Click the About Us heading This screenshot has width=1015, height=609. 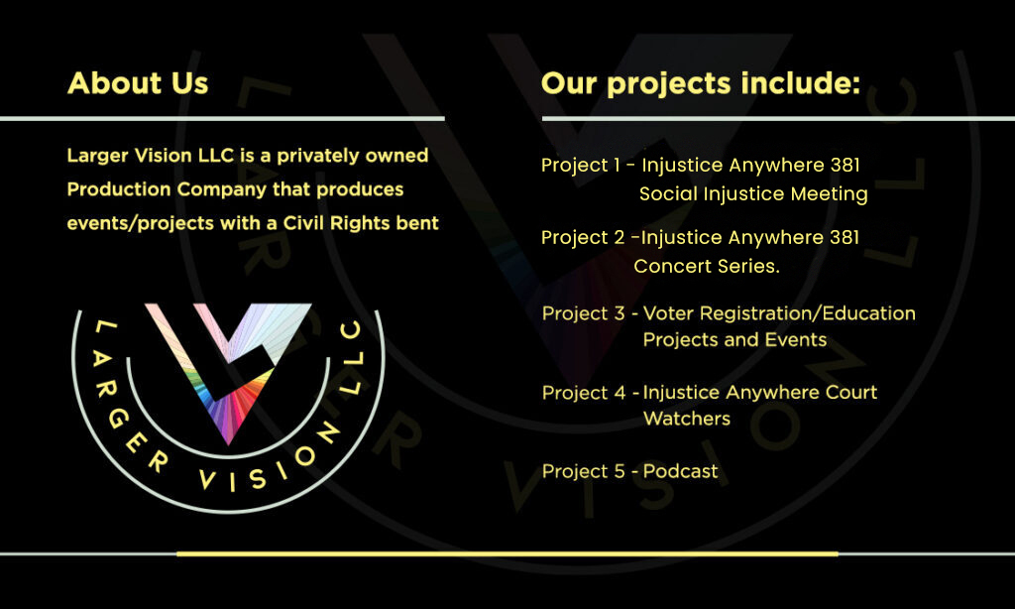pyautogui.click(x=138, y=83)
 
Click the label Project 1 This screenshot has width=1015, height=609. pyautogui.click(x=580, y=166)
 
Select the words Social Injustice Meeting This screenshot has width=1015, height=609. pyautogui.click(x=753, y=194)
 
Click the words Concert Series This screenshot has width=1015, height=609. pyautogui.click(x=707, y=266)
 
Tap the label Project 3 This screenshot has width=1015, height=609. pyautogui.click(x=583, y=313)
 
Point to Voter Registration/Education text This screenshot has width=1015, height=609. pyautogui.click(x=779, y=313)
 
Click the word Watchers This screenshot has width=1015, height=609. pyautogui.click(x=687, y=420)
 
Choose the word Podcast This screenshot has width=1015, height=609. pyautogui.click(x=680, y=472)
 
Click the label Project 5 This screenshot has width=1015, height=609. pyautogui.click(x=584, y=472)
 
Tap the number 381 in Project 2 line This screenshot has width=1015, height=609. pyautogui.click(x=845, y=238)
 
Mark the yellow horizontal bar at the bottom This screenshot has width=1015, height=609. pyautogui.click(x=507, y=553)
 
